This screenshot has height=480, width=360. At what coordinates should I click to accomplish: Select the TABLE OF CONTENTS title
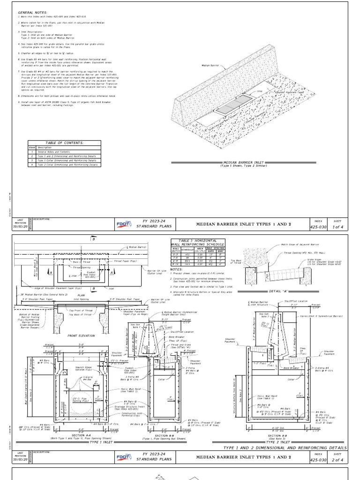coord(64,142)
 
